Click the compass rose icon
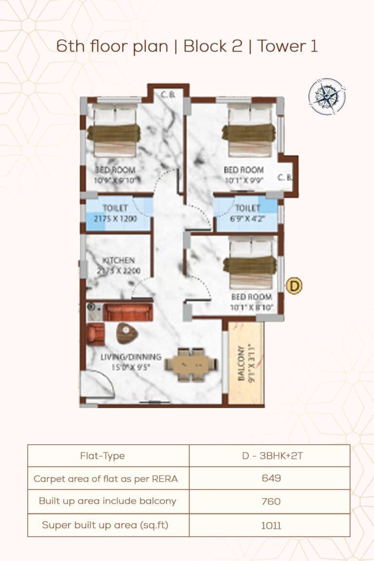[x=327, y=96]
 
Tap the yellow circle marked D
[x=294, y=286]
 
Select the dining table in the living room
[x=191, y=364]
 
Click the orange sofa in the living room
[x=128, y=313]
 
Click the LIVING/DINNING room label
[x=131, y=357]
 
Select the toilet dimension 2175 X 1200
[x=115, y=219]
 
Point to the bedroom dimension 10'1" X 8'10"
[x=251, y=307]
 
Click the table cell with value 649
[x=269, y=478]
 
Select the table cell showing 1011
[x=269, y=525]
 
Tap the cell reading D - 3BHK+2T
[x=269, y=456]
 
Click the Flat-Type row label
[x=102, y=456]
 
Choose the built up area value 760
[x=269, y=501]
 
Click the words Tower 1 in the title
[x=288, y=46]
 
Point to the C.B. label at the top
[x=168, y=95]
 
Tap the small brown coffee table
[x=127, y=333]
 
